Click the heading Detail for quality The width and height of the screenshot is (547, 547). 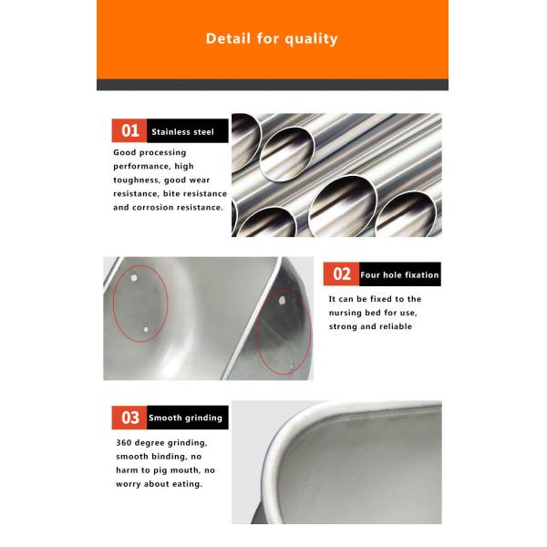click(x=272, y=38)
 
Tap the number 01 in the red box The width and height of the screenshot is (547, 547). click(x=130, y=130)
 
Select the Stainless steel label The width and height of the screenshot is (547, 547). click(x=182, y=132)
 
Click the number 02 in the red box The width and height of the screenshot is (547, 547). click(x=342, y=274)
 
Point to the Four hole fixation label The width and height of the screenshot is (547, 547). click(x=399, y=275)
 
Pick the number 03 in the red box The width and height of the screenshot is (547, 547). click(x=130, y=418)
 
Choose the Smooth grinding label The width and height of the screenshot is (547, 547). click(x=185, y=418)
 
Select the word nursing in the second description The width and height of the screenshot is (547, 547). click(x=345, y=313)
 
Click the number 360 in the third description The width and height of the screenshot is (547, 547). click(x=124, y=443)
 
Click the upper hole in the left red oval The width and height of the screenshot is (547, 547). click(x=134, y=278)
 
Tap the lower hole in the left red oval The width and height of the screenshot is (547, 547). click(x=146, y=329)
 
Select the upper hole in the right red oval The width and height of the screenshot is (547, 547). click(x=283, y=300)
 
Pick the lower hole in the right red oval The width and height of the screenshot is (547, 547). click(x=292, y=366)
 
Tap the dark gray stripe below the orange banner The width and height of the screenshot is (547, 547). click(x=273, y=85)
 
